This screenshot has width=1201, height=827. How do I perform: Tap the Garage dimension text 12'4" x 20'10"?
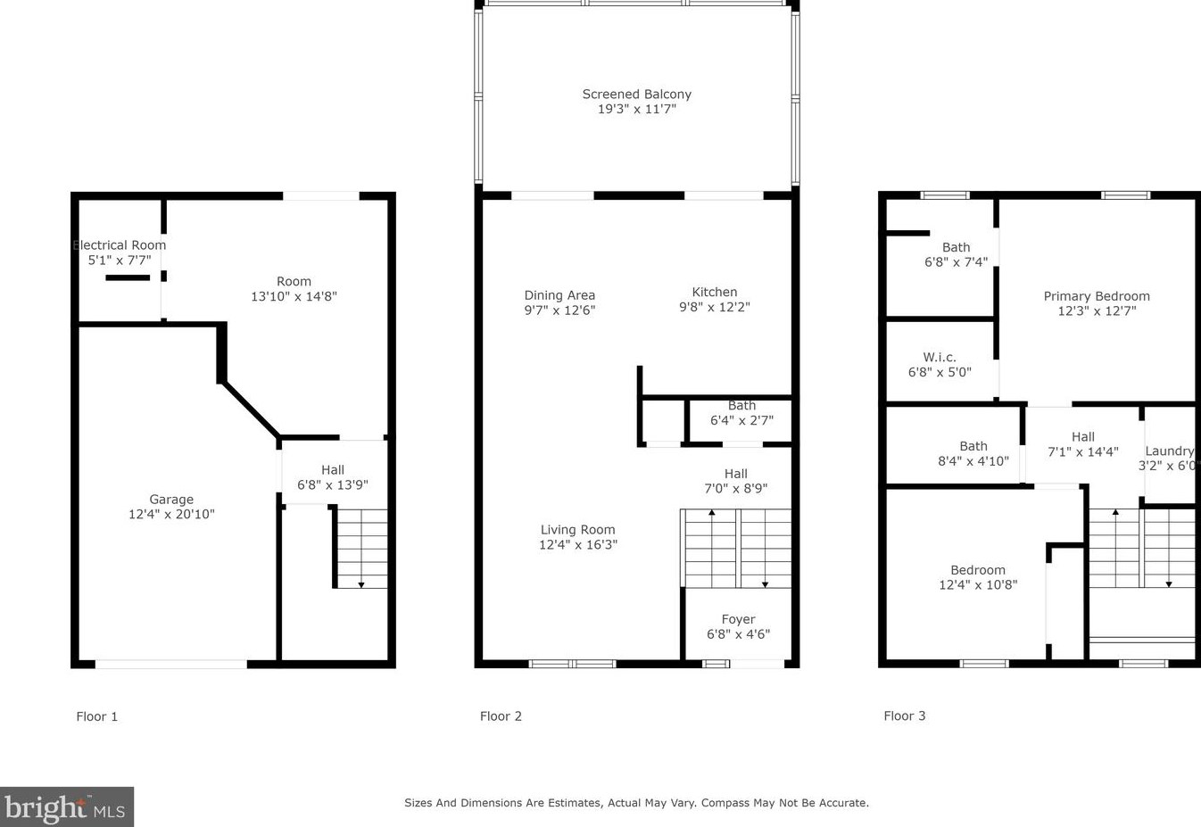point(171,514)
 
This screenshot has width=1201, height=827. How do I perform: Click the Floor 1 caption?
point(97,716)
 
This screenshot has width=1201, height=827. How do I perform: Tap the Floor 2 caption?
point(501,716)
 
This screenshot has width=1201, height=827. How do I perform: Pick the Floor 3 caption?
point(905,715)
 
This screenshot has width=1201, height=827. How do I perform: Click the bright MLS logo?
point(67,806)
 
